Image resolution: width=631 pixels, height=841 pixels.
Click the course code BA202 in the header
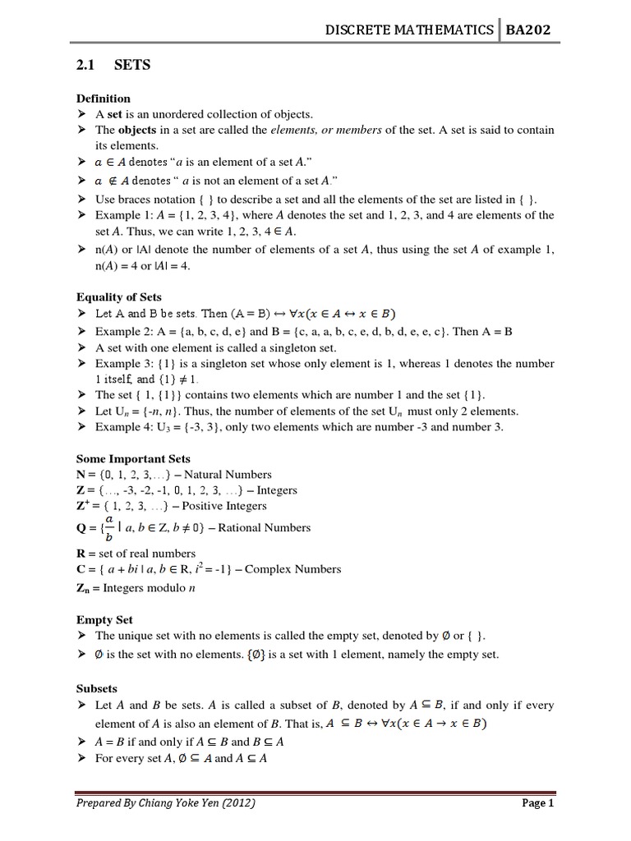527,30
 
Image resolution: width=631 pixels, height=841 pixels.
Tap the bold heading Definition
103,98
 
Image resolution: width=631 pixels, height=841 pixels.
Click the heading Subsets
97,688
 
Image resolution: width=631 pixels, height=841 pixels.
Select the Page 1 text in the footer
539,804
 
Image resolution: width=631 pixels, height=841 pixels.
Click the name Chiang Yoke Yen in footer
182,804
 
